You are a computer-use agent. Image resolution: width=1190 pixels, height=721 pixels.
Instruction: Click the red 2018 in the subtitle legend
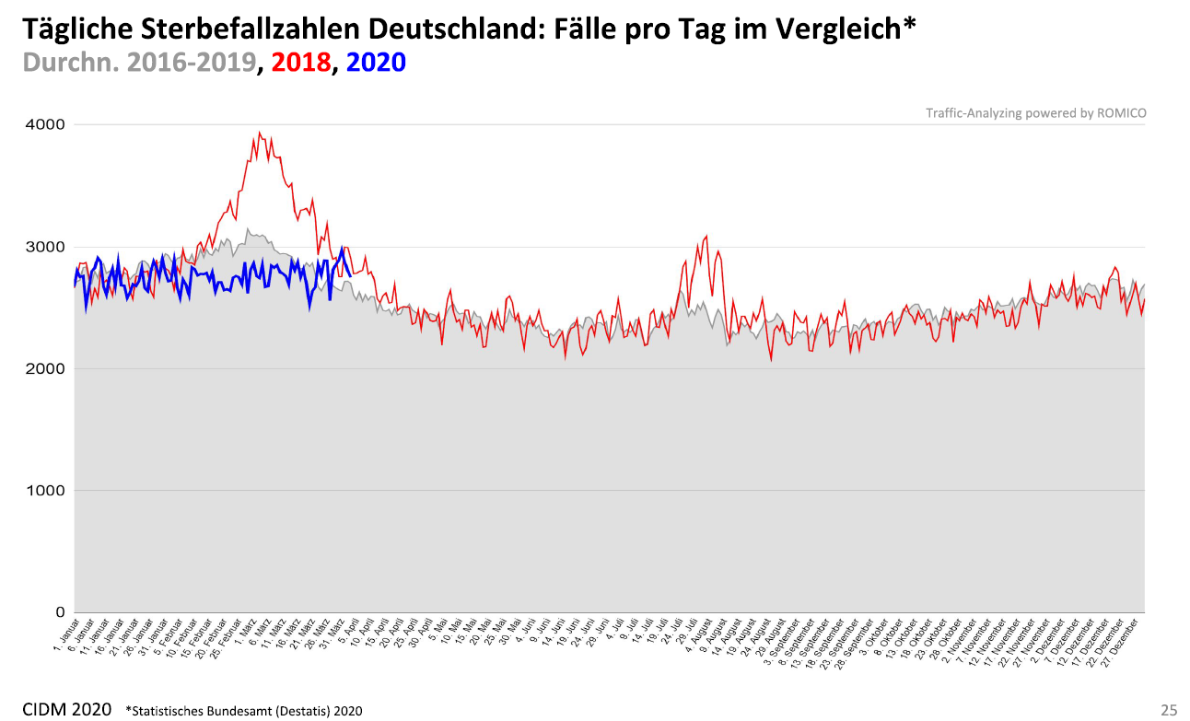click(x=300, y=63)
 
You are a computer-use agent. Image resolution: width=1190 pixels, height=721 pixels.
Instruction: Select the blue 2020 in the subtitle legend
click(x=378, y=63)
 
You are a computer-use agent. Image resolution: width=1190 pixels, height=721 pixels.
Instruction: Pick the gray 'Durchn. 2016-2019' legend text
click(x=139, y=63)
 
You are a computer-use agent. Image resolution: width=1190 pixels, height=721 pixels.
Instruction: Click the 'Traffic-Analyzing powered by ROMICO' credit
click(x=1036, y=113)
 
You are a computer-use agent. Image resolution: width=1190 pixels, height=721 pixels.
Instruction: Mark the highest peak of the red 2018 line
click(x=259, y=133)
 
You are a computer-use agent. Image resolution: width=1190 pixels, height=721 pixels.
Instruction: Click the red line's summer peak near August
click(x=706, y=236)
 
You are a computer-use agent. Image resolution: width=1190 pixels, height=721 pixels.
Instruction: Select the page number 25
click(x=1169, y=710)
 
